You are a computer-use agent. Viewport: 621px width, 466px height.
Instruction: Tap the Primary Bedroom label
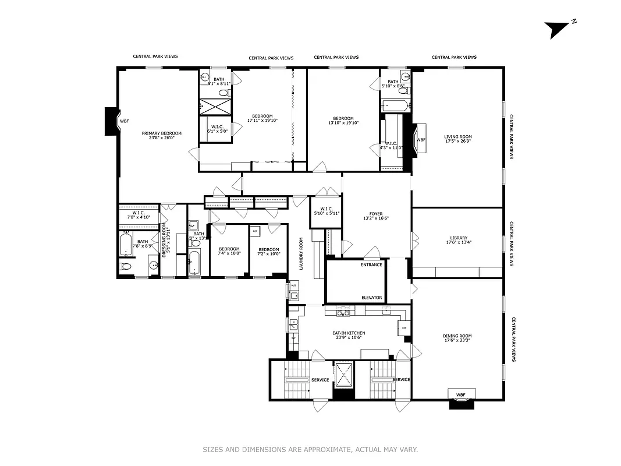[x=162, y=136]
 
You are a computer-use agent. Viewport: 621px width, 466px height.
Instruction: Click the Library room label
[x=458, y=239]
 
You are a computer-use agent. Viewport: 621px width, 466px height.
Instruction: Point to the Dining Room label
[x=457, y=338]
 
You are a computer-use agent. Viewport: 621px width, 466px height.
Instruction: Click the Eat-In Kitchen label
[x=348, y=336]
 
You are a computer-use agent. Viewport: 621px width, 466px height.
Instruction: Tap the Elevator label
[x=371, y=298]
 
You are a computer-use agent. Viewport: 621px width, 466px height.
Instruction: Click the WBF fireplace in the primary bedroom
[x=124, y=121]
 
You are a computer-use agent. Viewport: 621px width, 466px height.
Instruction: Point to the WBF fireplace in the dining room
[x=460, y=395]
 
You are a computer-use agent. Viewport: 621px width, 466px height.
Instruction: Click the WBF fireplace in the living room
[x=420, y=140]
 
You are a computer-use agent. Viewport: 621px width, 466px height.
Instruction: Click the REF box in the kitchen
[x=404, y=329]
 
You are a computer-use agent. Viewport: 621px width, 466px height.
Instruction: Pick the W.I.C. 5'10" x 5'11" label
[x=326, y=211]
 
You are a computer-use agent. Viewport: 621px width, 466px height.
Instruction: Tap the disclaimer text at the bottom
[x=310, y=449]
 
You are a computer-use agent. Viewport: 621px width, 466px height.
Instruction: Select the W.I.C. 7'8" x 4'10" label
[x=139, y=215]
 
